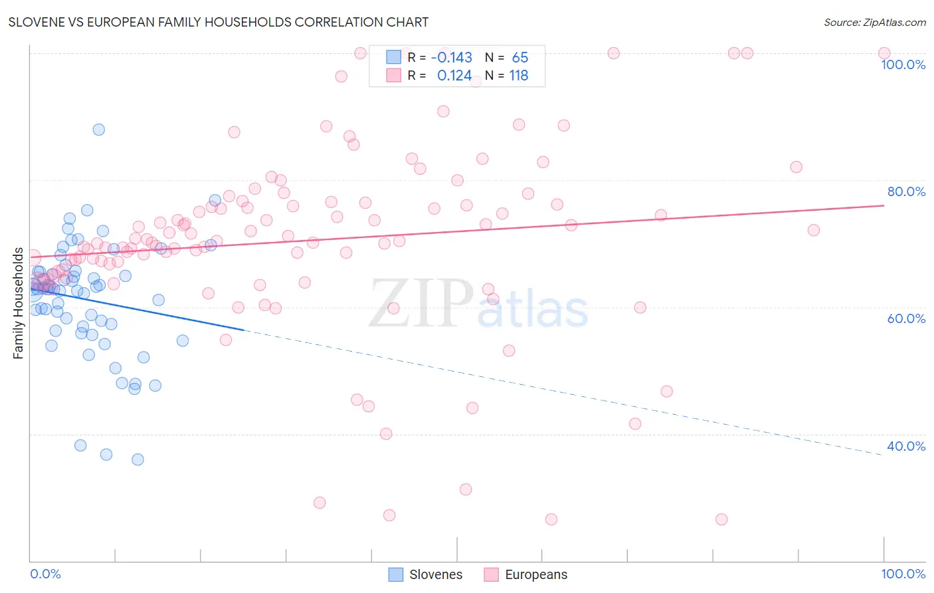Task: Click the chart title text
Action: point(219,22)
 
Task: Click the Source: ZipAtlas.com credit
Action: point(874,22)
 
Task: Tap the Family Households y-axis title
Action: point(18,303)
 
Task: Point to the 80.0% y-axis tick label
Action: point(906,191)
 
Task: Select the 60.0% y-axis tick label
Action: point(906,318)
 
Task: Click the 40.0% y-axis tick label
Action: point(906,446)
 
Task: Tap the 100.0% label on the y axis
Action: point(903,64)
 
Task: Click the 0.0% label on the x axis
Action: point(45,574)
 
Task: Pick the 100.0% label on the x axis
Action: point(903,574)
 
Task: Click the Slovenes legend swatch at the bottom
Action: point(395,574)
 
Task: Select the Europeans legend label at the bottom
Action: point(536,574)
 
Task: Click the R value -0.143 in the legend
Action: point(451,58)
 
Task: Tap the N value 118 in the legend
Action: point(519,76)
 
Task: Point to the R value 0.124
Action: point(454,76)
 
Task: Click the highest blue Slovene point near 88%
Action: point(98,130)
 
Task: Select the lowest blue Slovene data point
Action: point(138,459)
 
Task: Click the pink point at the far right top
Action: point(884,53)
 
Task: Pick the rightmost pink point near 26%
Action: point(721,519)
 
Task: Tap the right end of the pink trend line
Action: point(884,205)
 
